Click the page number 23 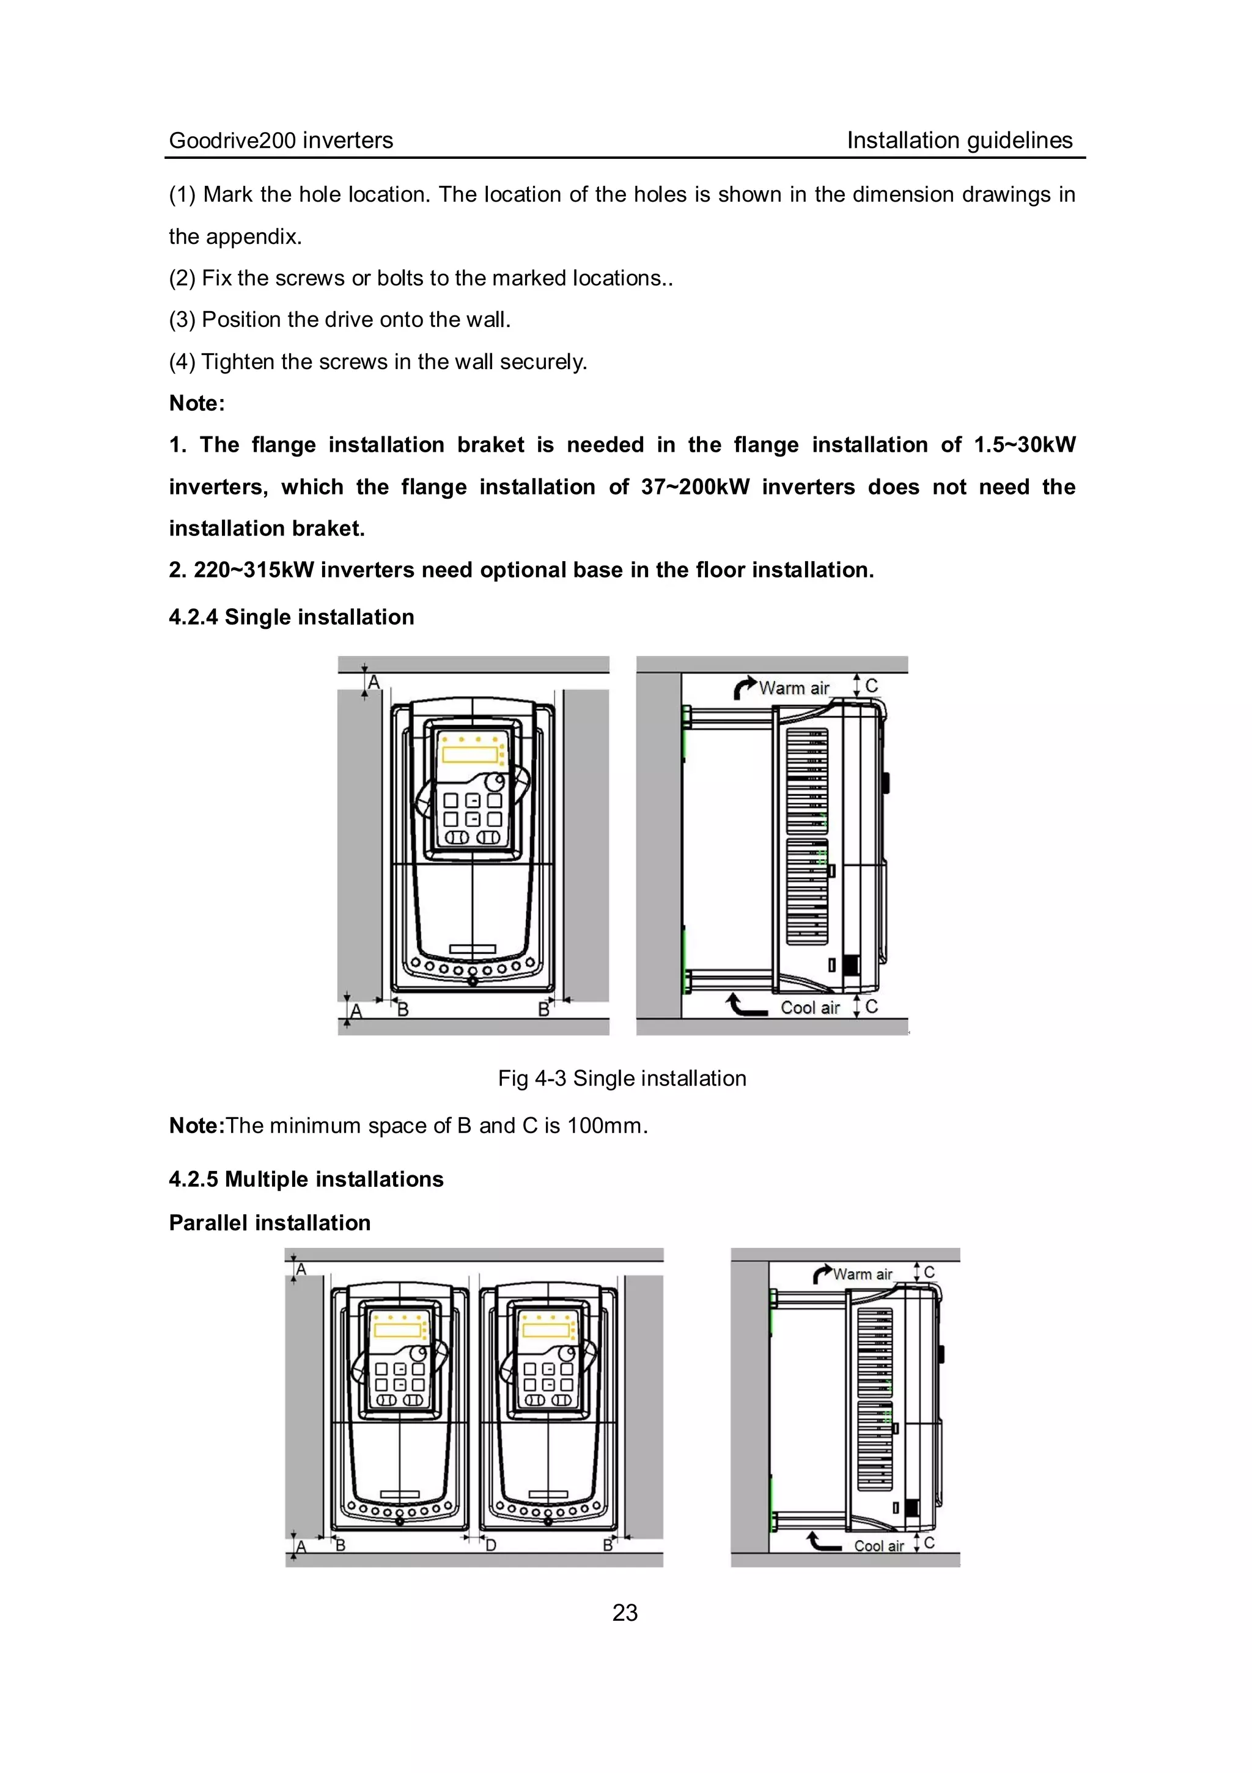625,1612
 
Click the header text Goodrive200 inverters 281,140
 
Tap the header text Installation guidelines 959,140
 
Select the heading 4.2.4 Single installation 291,617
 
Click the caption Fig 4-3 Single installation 622,1078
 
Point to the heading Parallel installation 270,1222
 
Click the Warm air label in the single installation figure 794,688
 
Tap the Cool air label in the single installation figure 809,1008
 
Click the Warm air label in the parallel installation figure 862,1274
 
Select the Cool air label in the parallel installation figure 878,1546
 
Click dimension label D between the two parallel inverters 490,1545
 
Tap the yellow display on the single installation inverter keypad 469,753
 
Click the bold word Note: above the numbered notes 197,403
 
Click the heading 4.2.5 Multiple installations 306,1179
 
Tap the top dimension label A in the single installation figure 374,683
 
